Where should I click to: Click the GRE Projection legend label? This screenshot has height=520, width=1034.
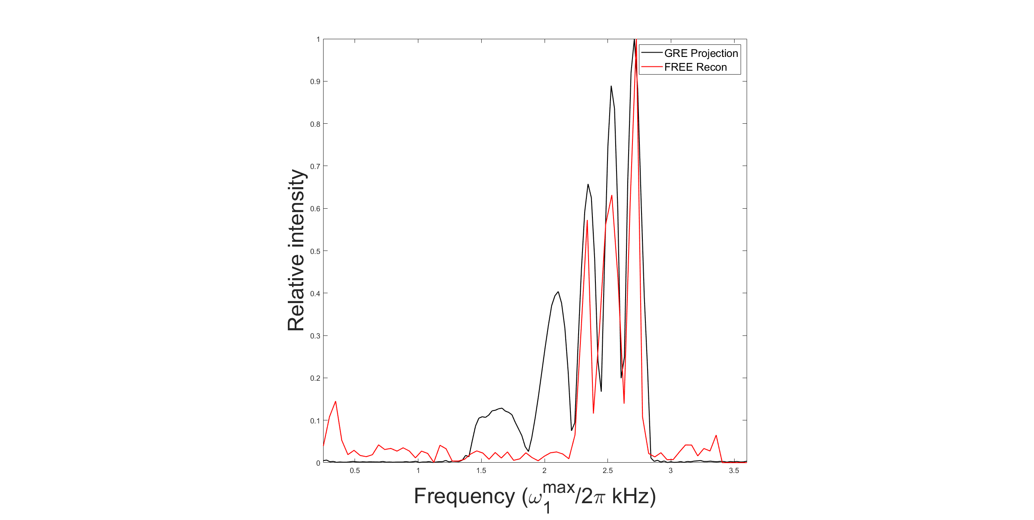point(701,53)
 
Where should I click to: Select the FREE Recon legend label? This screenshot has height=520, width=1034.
point(695,67)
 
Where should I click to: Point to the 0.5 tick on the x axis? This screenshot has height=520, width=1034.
point(355,471)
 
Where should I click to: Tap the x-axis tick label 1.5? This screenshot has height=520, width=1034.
point(481,471)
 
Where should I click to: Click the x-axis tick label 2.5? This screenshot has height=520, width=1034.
point(607,471)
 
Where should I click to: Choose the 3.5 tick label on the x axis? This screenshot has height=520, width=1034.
point(734,471)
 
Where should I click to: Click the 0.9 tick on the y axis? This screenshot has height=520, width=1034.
point(316,81)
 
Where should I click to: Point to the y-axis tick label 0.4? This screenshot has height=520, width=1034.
point(316,294)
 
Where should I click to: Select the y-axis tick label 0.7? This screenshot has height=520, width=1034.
point(316,166)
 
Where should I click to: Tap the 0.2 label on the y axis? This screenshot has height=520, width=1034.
point(316,379)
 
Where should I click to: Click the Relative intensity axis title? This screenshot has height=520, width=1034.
point(296,250)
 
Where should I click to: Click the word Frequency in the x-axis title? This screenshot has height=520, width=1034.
point(464,496)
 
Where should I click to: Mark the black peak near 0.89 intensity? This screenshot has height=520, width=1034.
point(611,86)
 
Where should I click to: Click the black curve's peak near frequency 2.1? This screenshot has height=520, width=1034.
point(558,292)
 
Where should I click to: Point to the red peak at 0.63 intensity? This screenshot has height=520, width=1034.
point(611,196)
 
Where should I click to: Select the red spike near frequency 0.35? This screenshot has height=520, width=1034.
point(335,401)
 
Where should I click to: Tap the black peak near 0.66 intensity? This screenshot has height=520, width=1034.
point(588,185)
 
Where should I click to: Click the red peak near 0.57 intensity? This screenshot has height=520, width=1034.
point(587,221)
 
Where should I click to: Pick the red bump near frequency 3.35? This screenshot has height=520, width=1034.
point(716,435)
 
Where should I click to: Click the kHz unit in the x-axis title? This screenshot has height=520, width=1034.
point(630,496)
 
